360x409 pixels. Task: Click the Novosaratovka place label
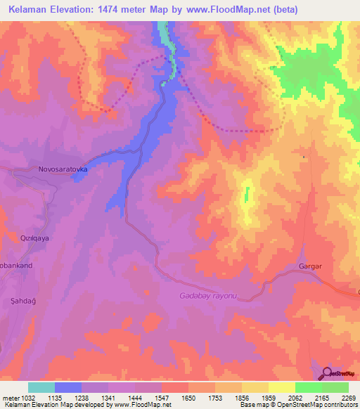[x=61, y=169]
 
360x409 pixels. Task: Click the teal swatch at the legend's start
[x=41, y=387]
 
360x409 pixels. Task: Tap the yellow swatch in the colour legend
[x=281, y=387]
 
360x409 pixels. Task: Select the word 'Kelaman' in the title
[x=32, y=10]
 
